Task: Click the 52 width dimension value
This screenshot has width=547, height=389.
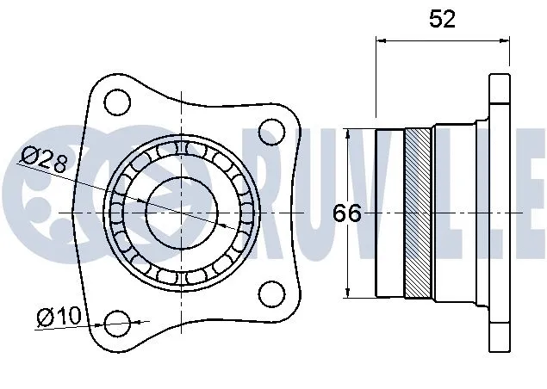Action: click(442, 19)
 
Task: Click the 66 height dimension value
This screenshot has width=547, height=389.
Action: click(347, 213)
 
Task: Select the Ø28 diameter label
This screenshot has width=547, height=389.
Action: click(45, 160)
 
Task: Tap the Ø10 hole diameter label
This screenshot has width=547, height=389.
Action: click(59, 318)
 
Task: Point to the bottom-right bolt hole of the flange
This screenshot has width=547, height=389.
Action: click(272, 292)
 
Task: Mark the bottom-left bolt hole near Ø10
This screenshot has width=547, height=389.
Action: click(116, 324)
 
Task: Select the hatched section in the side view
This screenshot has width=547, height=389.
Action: click(420, 213)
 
